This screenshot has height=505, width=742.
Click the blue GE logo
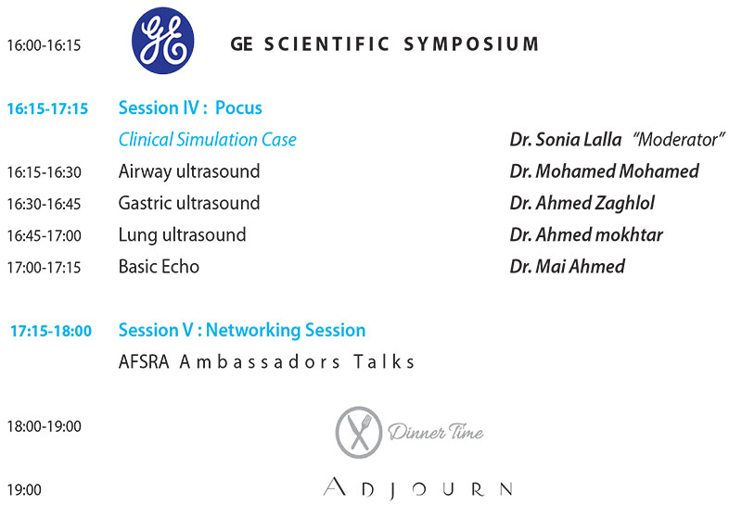pos(163,40)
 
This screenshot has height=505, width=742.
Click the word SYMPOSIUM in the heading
pos(471,44)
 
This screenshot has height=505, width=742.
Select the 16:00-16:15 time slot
pos(44,45)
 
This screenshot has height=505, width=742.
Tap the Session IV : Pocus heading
pos(190,107)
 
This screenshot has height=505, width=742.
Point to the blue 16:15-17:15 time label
pos(47,108)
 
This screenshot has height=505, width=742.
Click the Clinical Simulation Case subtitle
pos(207,140)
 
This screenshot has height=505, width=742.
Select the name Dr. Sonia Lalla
pos(566,140)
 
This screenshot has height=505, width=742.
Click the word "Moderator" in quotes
pos(679,140)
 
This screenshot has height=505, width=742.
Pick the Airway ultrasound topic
pos(189,171)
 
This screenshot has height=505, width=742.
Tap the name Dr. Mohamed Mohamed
pos(605,171)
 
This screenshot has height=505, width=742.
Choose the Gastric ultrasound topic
pos(189,203)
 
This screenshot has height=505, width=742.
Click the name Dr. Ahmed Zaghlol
pos(582,203)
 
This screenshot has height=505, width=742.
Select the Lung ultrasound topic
pos(182,235)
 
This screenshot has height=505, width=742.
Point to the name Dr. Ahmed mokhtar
pos(586,234)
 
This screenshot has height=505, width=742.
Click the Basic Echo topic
pos(159,267)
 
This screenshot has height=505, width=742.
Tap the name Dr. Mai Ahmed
pos(568,267)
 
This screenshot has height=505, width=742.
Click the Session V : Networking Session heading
pos(242,330)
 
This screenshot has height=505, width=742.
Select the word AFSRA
pos(144,362)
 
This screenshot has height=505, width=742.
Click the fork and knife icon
pos(359,432)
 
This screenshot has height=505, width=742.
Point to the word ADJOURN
pos(418,488)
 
